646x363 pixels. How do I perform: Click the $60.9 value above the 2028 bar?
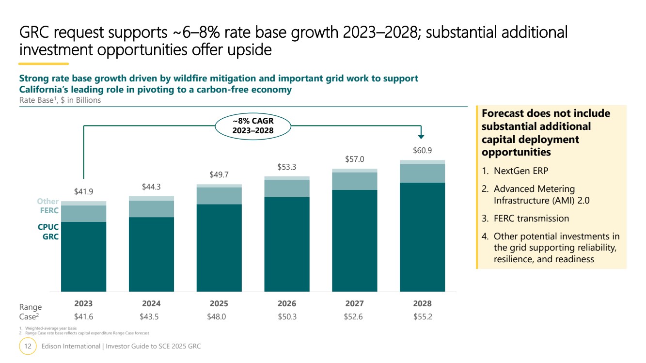pos(422,151)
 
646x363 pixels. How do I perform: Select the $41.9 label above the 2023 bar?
pos(83,191)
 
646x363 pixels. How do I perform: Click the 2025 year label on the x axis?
pos(219,304)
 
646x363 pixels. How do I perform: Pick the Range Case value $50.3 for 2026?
pos(286,317)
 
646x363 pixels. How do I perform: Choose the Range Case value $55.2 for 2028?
pos(422,317)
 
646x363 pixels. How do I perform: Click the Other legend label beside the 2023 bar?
pos(48,201)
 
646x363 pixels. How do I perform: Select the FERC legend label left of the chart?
pos(49,211)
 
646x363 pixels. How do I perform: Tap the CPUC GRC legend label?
pos(48,232)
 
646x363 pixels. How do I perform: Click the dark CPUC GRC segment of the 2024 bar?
pos(151,254)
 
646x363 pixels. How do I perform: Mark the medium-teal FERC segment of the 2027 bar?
pos(354,181)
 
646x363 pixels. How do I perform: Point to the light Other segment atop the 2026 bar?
pos(286,178)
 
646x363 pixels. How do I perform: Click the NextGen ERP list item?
pos(521,171)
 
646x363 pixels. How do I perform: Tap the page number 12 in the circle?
pos(28,347)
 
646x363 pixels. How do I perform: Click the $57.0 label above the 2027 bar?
pos(354,159)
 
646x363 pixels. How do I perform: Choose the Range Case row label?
pos(30,312)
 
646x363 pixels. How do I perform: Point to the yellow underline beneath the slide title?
pos(44,63)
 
